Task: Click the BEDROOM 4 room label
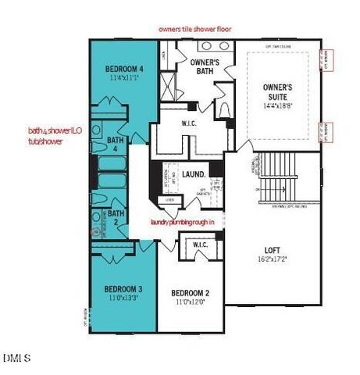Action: (125, 69)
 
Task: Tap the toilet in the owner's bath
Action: (223, 108)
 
